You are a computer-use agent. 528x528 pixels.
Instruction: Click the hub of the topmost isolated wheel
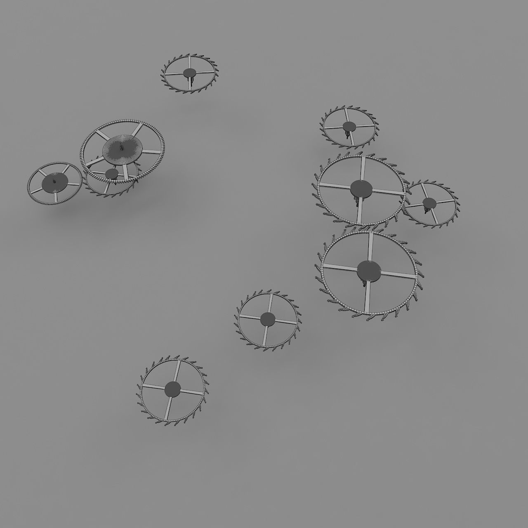[189, 73]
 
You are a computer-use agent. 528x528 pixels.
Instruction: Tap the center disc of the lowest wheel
[172, 389]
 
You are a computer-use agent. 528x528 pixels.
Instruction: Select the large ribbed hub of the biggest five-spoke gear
[122, 148]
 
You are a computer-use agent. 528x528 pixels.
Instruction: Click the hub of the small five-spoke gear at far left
[55, 180]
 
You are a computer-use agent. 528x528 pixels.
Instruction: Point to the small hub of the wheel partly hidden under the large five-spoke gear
[111, 174]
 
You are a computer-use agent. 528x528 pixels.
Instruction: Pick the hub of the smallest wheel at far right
[429, 203]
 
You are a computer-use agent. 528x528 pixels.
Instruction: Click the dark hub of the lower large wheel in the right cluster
[368, 271]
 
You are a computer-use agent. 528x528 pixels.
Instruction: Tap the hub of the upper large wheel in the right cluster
[361, 188]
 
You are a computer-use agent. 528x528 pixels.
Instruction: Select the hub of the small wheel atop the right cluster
[349, 126]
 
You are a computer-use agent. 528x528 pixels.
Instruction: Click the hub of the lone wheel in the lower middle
[268, 318]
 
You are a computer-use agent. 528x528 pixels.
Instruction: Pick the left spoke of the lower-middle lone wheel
[250, 317]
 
